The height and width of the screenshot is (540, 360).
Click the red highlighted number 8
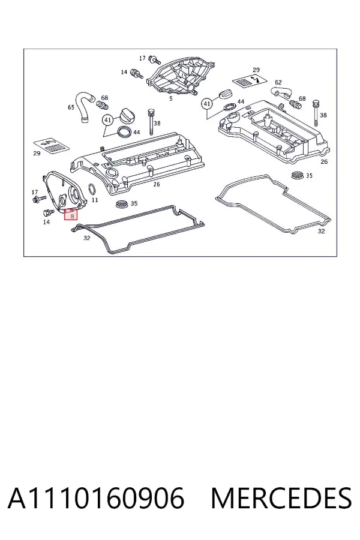pos(72,216)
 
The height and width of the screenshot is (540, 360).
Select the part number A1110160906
pos(96,499)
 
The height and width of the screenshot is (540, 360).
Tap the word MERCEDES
pos(281,499)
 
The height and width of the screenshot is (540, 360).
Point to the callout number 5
pos(171,99)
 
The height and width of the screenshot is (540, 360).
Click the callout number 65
pos(71,107)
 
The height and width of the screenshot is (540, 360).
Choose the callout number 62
pos(278,82)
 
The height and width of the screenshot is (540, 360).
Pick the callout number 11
pos(95,200)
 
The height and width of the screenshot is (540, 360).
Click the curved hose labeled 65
pos(84,106)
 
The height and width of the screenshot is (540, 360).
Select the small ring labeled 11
pos(93,189)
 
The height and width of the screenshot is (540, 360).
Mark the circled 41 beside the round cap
pos(108,120)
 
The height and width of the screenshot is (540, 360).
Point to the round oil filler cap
pos(125,115)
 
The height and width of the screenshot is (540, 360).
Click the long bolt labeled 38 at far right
pos(316,113)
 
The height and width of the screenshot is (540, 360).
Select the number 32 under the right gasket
pos(321,231)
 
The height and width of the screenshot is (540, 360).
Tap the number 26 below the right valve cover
pos(324,161)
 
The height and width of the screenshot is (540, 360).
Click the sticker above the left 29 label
pos(51,145)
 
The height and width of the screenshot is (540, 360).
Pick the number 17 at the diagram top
pos(142,59)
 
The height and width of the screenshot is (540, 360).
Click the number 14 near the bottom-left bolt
pos(47,222)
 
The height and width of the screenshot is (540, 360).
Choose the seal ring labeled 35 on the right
pos(297,175)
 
